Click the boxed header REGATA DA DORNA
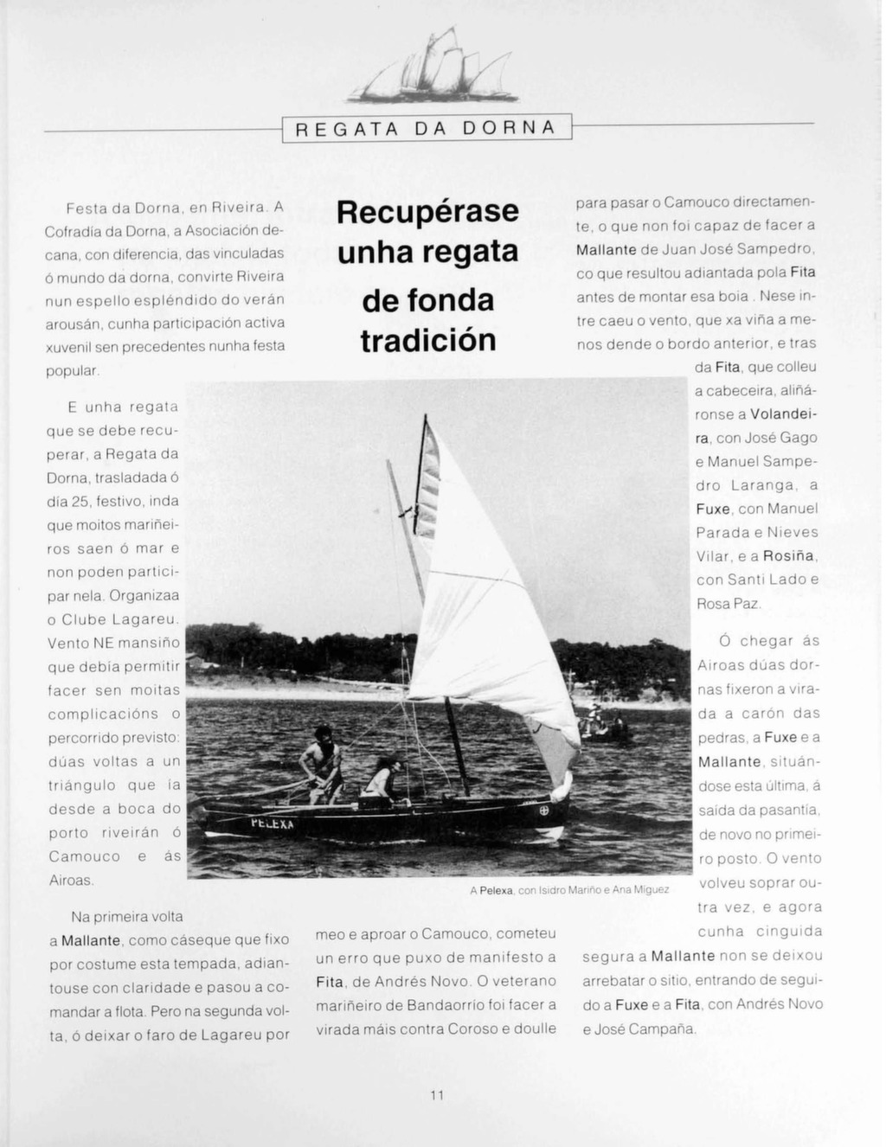(427, 129)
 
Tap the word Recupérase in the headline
(427, 212)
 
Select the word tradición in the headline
(427, 341)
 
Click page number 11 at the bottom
(437, 1095)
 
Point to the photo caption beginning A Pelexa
(568, 889)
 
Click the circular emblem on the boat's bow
(545, 811)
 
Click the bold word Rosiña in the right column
(791, 556)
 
